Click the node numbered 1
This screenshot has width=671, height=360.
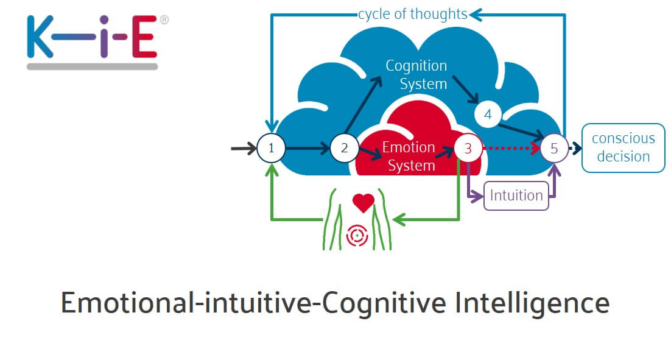point(271,148)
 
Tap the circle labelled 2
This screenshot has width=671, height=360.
point(345,148)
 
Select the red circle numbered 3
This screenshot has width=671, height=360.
point(468,148)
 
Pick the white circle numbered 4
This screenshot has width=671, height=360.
point(488,115)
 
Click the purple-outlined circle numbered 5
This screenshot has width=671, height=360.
point(554,148)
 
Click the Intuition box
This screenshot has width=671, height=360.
point(516,196)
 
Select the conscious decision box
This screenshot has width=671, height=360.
point(623,148)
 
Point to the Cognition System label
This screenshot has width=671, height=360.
point(416,74)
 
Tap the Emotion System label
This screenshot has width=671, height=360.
point(409,156)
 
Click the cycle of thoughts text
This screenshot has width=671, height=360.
point(412,14)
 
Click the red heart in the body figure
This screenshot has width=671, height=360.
point(364,203)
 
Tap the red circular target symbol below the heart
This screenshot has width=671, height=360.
point(357,236)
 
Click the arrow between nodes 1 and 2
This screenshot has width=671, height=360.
point(307,148)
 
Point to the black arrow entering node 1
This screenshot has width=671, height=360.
point(244,148)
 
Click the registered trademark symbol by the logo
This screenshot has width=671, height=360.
point(164,19)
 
